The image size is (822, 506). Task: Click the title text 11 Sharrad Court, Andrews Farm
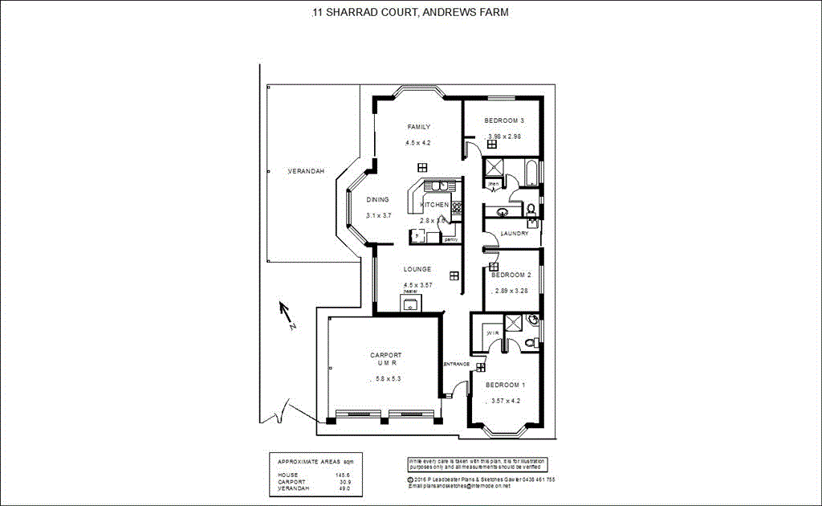coord(410,13)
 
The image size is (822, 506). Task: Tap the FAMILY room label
coord(418,127)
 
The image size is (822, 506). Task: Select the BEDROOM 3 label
coord(504,121)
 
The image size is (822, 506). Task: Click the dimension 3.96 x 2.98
coord(505,137)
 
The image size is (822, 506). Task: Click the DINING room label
coord(377,200)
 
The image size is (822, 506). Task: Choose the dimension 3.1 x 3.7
coord(378,215)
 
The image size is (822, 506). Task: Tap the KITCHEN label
coord(434,205)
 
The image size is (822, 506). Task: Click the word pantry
coord(450,239)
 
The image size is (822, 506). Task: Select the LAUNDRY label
coord(514,234)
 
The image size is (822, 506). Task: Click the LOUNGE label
coord(417,269)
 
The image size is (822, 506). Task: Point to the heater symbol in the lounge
coord(410,303)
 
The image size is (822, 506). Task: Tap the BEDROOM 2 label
coord(511,275)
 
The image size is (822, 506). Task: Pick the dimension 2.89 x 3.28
coord(511,290)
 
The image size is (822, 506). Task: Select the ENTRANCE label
coord(456,364)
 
